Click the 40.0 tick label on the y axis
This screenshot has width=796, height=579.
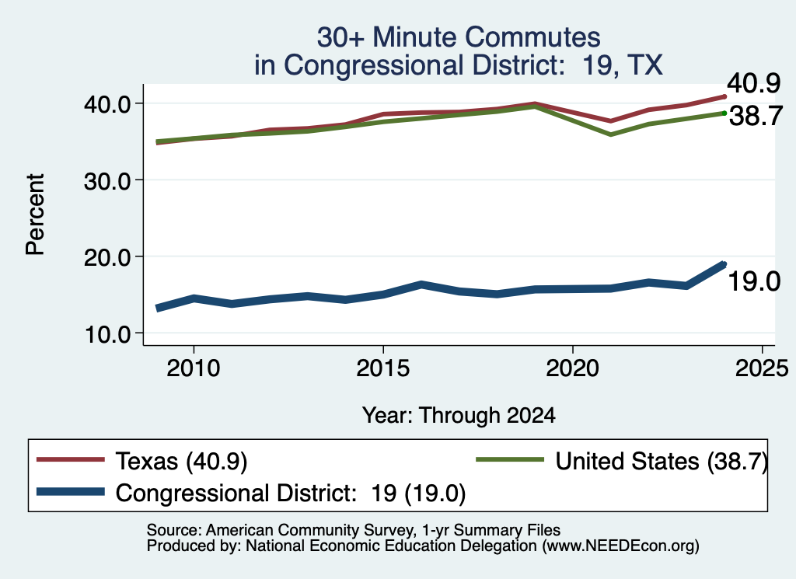tap(107, 104)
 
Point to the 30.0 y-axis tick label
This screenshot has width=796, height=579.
tap(107, 180)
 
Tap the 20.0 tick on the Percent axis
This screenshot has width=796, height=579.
tap(107, 257)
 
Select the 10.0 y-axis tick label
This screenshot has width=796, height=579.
tap(107, 334)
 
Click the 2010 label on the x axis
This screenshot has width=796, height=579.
tap(194, 368)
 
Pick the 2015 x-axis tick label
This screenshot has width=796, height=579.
tap(382, 368)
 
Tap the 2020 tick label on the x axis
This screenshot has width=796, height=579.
tap(573, 368)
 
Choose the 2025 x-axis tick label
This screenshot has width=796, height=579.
tap(762, 368)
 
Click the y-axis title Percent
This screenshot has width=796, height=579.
tap(35, 215)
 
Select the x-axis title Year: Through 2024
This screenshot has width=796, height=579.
tap(459, 415)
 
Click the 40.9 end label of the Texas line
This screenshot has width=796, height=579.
tap(754, 83)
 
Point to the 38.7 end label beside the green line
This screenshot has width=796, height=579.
tap(756, 117)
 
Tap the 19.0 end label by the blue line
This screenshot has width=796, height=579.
tap(754, 281)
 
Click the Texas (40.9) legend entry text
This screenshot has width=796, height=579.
tap(181, 462)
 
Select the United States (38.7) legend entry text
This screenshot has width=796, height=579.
tap(662, 462)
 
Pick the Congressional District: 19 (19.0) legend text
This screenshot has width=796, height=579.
tap(291, 493)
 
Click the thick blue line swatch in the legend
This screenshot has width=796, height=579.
tap(71, 492)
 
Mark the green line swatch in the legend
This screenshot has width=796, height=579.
tap(510, 460)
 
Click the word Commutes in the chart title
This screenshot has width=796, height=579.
tap(532, 37)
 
